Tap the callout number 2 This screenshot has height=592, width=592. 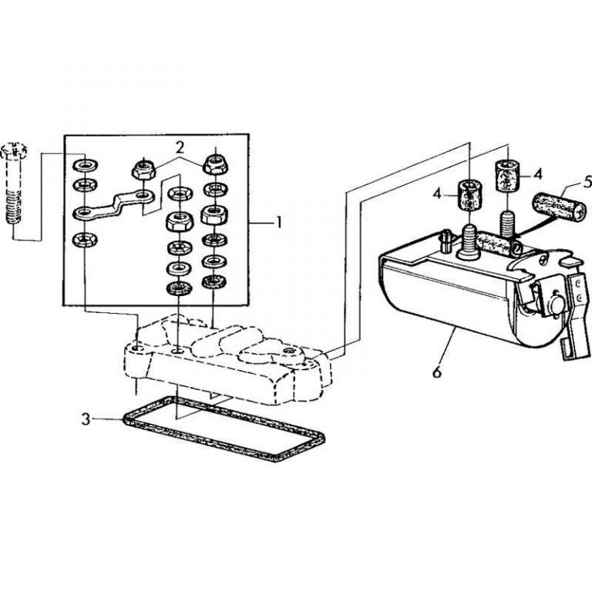tap(179, 146)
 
